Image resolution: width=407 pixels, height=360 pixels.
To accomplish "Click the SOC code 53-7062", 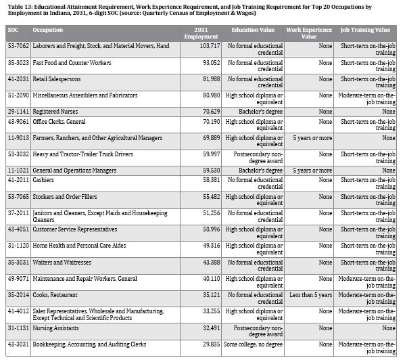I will (x=17, y=46).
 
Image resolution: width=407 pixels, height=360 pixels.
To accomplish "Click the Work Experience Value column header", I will (x=310, y=33).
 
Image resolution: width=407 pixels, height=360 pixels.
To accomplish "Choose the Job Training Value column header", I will (x=368, y=30).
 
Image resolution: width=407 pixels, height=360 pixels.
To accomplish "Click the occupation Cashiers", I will (x=45, y=181).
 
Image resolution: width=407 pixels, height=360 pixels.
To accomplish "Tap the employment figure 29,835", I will (x=203, y=344).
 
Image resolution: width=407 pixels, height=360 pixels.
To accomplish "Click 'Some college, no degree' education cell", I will (x=254, y=344).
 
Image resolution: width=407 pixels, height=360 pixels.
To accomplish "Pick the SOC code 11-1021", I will (x=17, y=171).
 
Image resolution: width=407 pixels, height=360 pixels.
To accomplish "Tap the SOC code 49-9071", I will (x=17, y=278).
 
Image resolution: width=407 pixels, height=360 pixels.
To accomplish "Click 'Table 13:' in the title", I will (x=18, y=5).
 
